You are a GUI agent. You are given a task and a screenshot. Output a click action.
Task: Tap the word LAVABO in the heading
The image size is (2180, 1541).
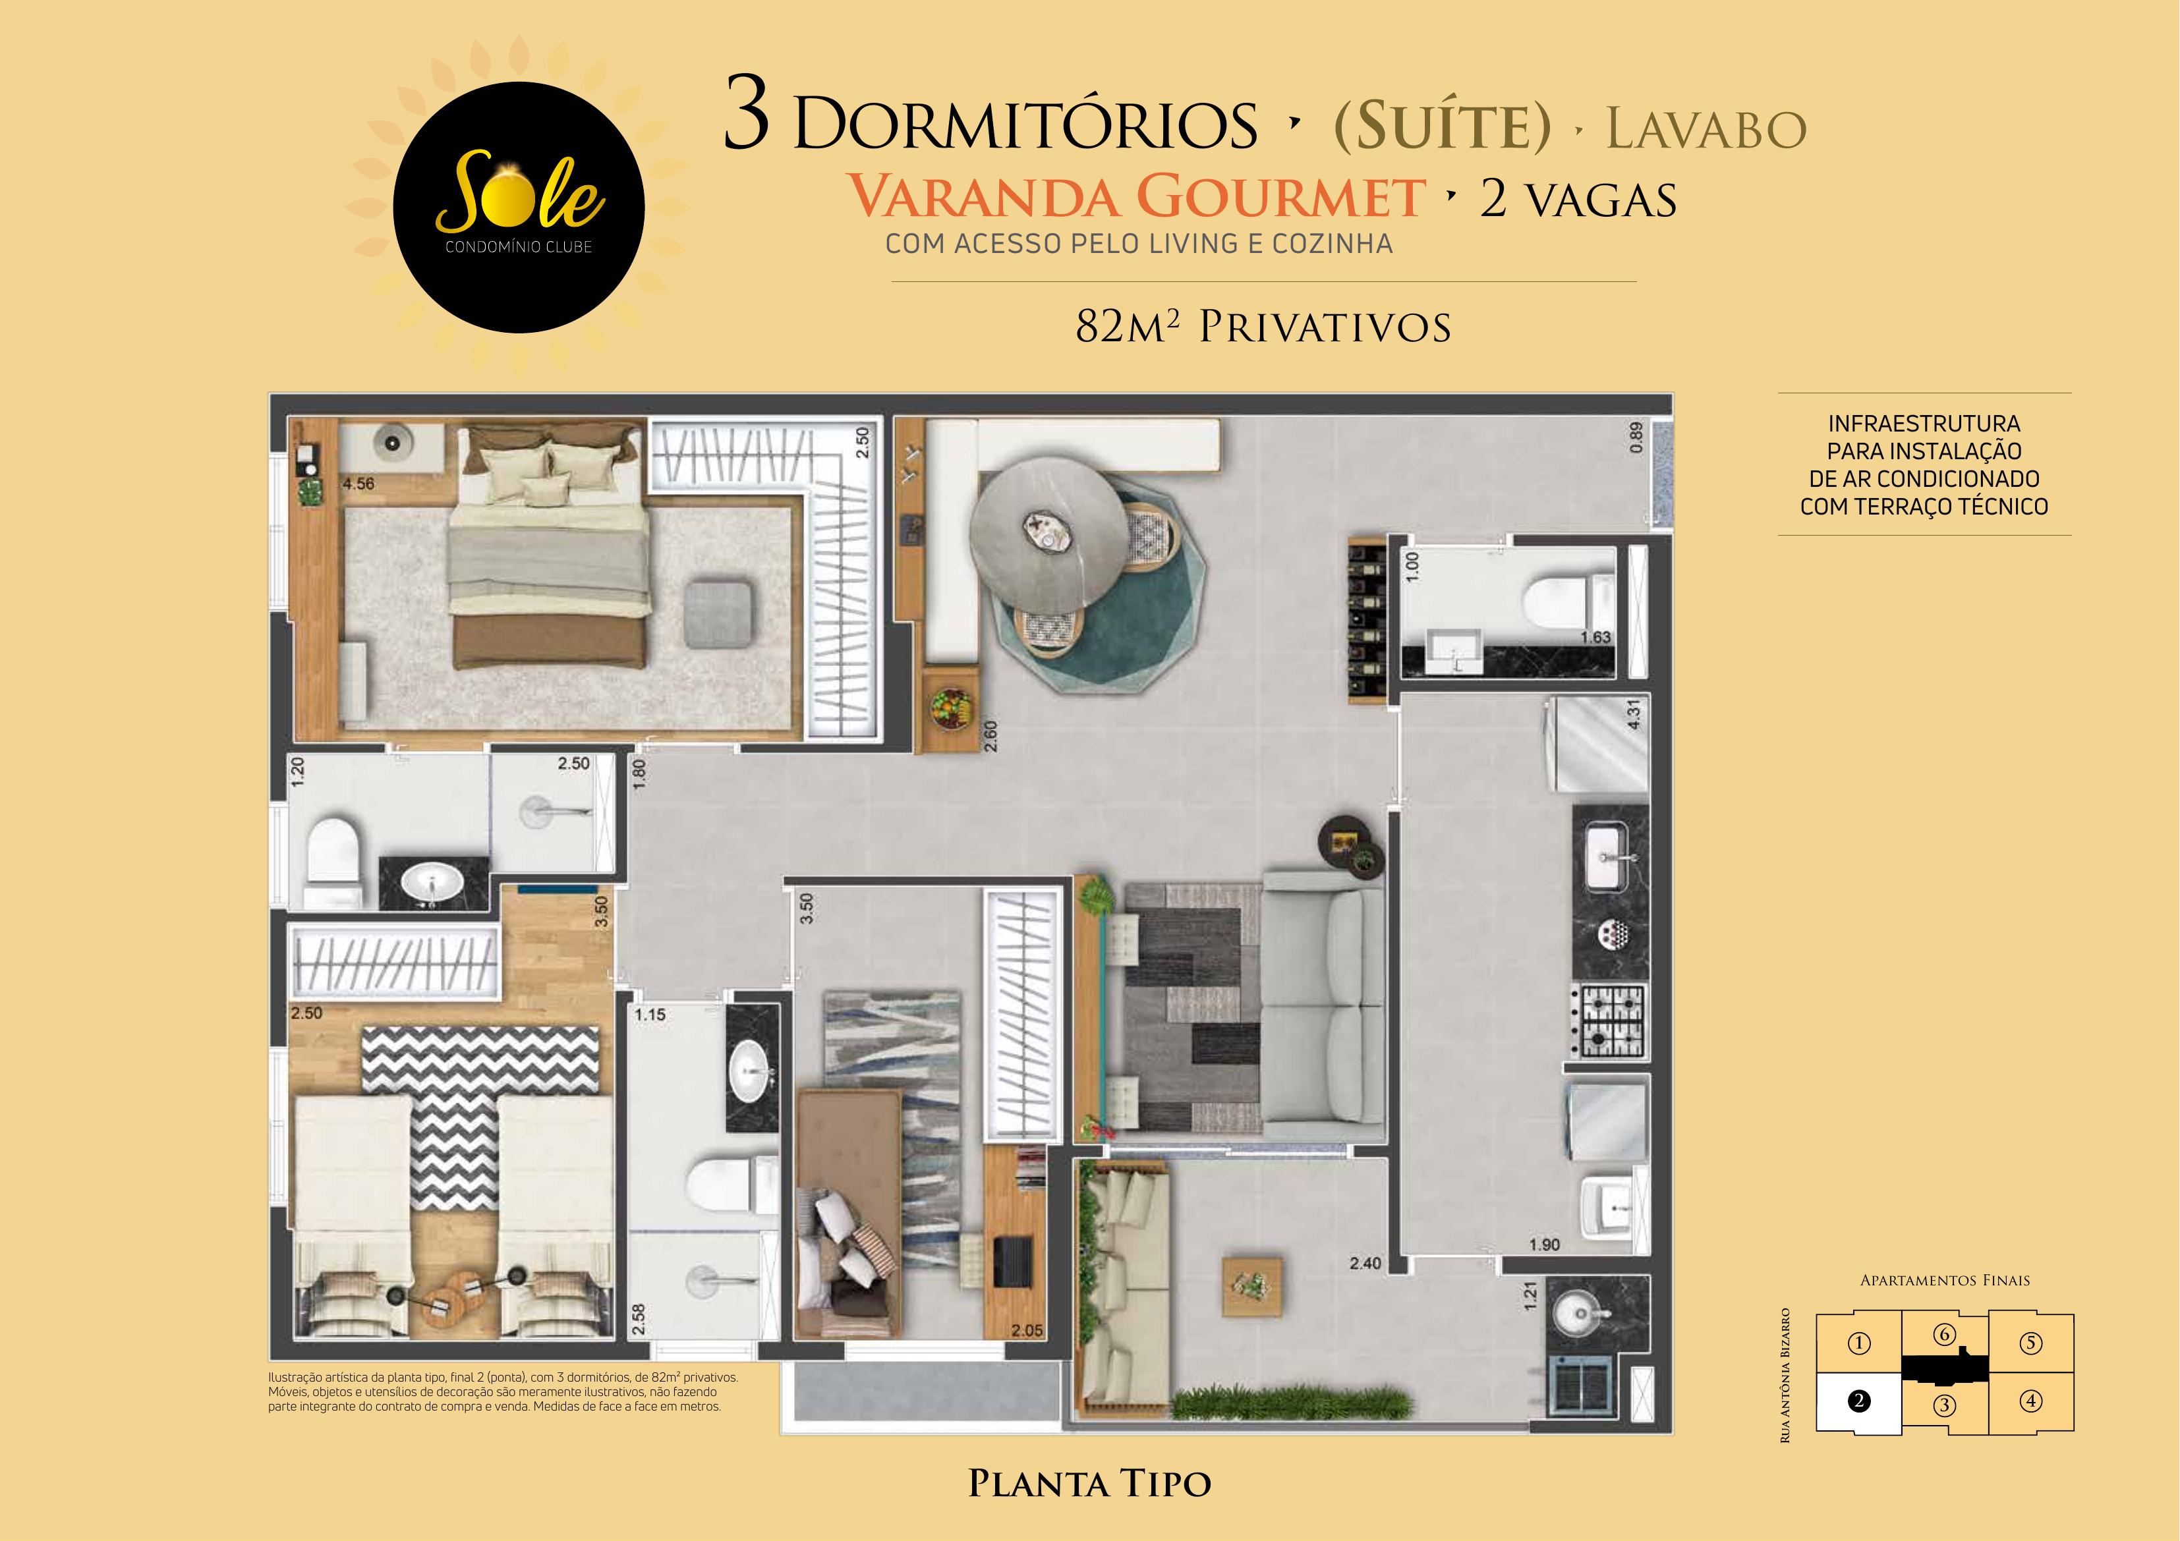coord(1706,130)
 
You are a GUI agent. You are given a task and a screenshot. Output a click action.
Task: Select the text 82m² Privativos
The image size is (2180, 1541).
coord(1263,327)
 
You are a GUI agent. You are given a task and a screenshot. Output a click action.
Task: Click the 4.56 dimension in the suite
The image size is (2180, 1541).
coord(359,484)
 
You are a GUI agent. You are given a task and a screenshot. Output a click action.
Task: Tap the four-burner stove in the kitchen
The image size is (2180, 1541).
coord(1609,1023)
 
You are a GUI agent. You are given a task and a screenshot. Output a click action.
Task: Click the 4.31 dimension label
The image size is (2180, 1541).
coord(1633,714)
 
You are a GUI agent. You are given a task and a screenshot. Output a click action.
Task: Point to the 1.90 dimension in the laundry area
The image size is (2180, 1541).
coord(1544,1245)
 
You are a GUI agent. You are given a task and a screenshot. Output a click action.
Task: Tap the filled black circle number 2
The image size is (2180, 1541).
coord(1858,1401)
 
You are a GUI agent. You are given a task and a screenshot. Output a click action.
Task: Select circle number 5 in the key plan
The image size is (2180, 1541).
coord(2030,1343)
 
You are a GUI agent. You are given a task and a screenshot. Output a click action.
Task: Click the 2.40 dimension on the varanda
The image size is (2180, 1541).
coord(1365,1264)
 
